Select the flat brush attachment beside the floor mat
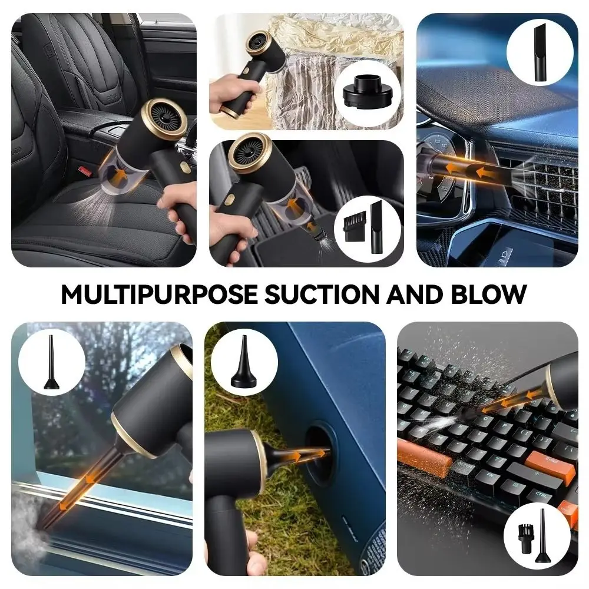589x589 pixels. (x=350, y=225)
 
